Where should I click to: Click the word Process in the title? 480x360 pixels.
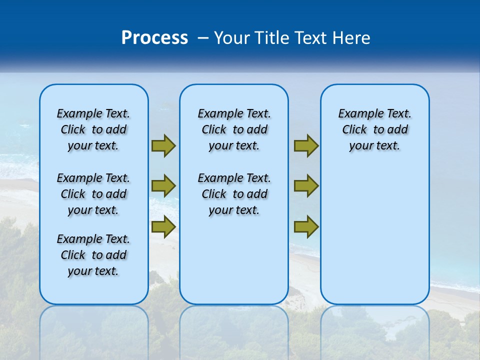click(x=154, y=38)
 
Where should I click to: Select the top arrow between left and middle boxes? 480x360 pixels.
click(x=163, y=145)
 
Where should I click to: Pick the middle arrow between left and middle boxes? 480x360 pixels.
click(x=163, y=186)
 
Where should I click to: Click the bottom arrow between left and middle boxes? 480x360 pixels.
click(x=163, y=227)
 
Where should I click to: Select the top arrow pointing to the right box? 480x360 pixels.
click(x=306, y=145)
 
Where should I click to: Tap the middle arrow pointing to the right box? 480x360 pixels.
click(x=306, y=186)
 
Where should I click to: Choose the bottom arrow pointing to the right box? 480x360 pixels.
click(x=306, y=227)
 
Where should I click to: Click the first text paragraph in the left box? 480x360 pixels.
click(x=93, y=129)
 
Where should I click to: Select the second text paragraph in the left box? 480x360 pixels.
click(x=93, y=194)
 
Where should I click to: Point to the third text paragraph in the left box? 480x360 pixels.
click(x=93, y=255)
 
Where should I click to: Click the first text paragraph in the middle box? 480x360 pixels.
click(x=234, y=129)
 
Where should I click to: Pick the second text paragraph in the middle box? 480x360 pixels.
click(x=234, y=194)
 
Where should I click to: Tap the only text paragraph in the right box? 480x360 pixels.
click(x=374, y=129)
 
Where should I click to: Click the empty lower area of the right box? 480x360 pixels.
click(x=374, y=235)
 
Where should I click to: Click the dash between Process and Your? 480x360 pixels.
click(x=203, y=38)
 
